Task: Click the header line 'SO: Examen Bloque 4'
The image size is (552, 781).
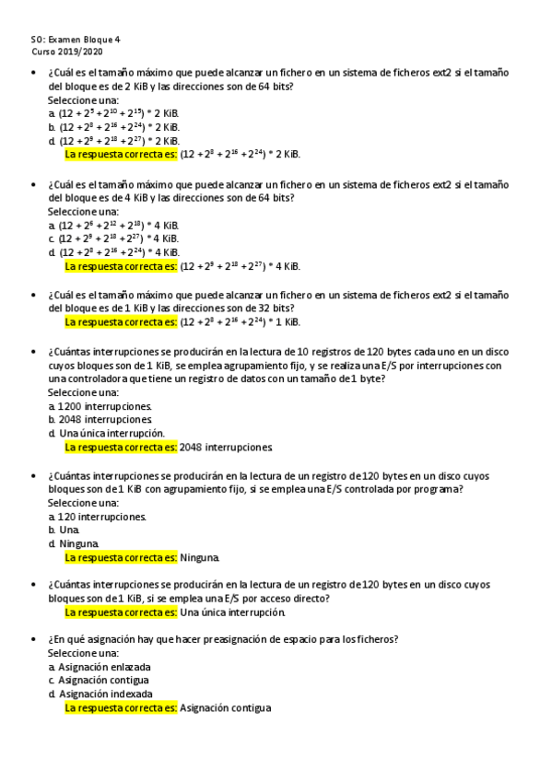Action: [76, 40]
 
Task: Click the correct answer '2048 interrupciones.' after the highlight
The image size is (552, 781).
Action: [227, 447]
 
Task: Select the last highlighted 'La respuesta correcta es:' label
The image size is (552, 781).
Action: [121, 707]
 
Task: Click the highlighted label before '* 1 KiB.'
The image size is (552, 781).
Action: [121, 321]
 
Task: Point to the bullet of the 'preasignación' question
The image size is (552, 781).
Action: [34, 639]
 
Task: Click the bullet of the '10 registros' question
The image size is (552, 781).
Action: [34, 352]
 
